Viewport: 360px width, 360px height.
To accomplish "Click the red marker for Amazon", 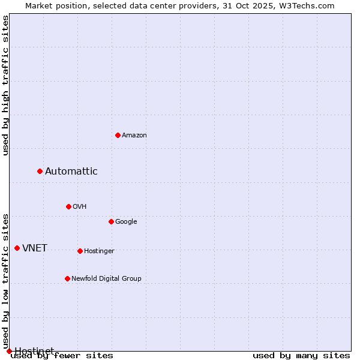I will (118, 135).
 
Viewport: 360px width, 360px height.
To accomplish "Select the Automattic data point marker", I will (40, 172).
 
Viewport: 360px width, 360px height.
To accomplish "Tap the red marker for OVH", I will (68, 206).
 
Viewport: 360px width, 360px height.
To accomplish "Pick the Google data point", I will (111, 221).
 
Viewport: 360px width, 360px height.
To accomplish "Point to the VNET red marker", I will (17, 248).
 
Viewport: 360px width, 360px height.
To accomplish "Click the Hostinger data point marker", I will (80, 251).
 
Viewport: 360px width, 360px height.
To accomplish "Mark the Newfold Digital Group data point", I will (67, 278).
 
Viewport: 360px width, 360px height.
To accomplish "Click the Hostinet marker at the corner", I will (9, 351).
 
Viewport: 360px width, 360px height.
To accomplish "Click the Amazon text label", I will (134, 136).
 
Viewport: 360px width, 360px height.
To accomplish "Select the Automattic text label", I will (71, 172).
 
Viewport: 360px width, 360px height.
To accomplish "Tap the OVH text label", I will (80, 207).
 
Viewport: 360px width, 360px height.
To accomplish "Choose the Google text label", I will (126, 222).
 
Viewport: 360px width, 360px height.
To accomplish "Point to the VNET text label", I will (35, 248).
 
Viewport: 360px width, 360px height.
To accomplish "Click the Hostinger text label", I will (99, 251).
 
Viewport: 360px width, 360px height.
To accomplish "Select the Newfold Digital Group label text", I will (106, 279).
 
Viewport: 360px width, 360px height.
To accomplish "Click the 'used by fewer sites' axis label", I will (62, 356).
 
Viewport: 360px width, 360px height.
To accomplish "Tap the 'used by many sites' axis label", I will (301, 356).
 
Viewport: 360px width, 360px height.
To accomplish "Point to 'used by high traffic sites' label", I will (6, 86).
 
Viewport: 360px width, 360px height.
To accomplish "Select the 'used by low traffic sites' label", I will (6, 281).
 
